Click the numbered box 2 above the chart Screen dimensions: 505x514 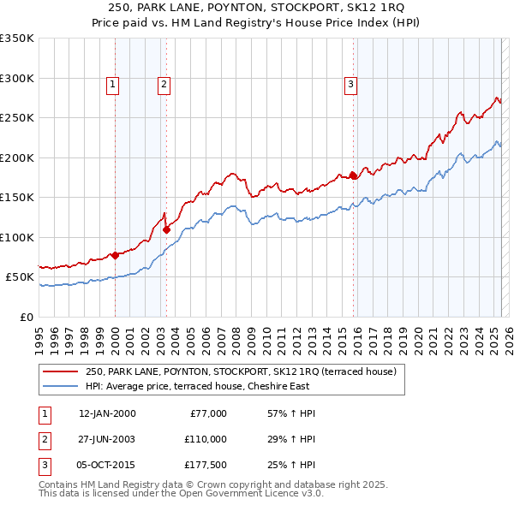pos(163,84)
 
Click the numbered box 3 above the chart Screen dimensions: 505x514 pos(350,84)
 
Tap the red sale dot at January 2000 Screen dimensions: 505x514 pos(115,255)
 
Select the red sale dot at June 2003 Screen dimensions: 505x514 pos(167,229)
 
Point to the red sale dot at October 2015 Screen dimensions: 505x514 pos(353,175)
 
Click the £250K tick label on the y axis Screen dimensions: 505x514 pos(17,118)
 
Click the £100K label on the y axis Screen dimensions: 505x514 pos(17,237)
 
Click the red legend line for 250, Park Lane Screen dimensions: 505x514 pos(60,372)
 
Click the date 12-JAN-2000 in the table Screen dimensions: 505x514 pos(107,413)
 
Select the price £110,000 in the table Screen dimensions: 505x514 pos(205,438)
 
